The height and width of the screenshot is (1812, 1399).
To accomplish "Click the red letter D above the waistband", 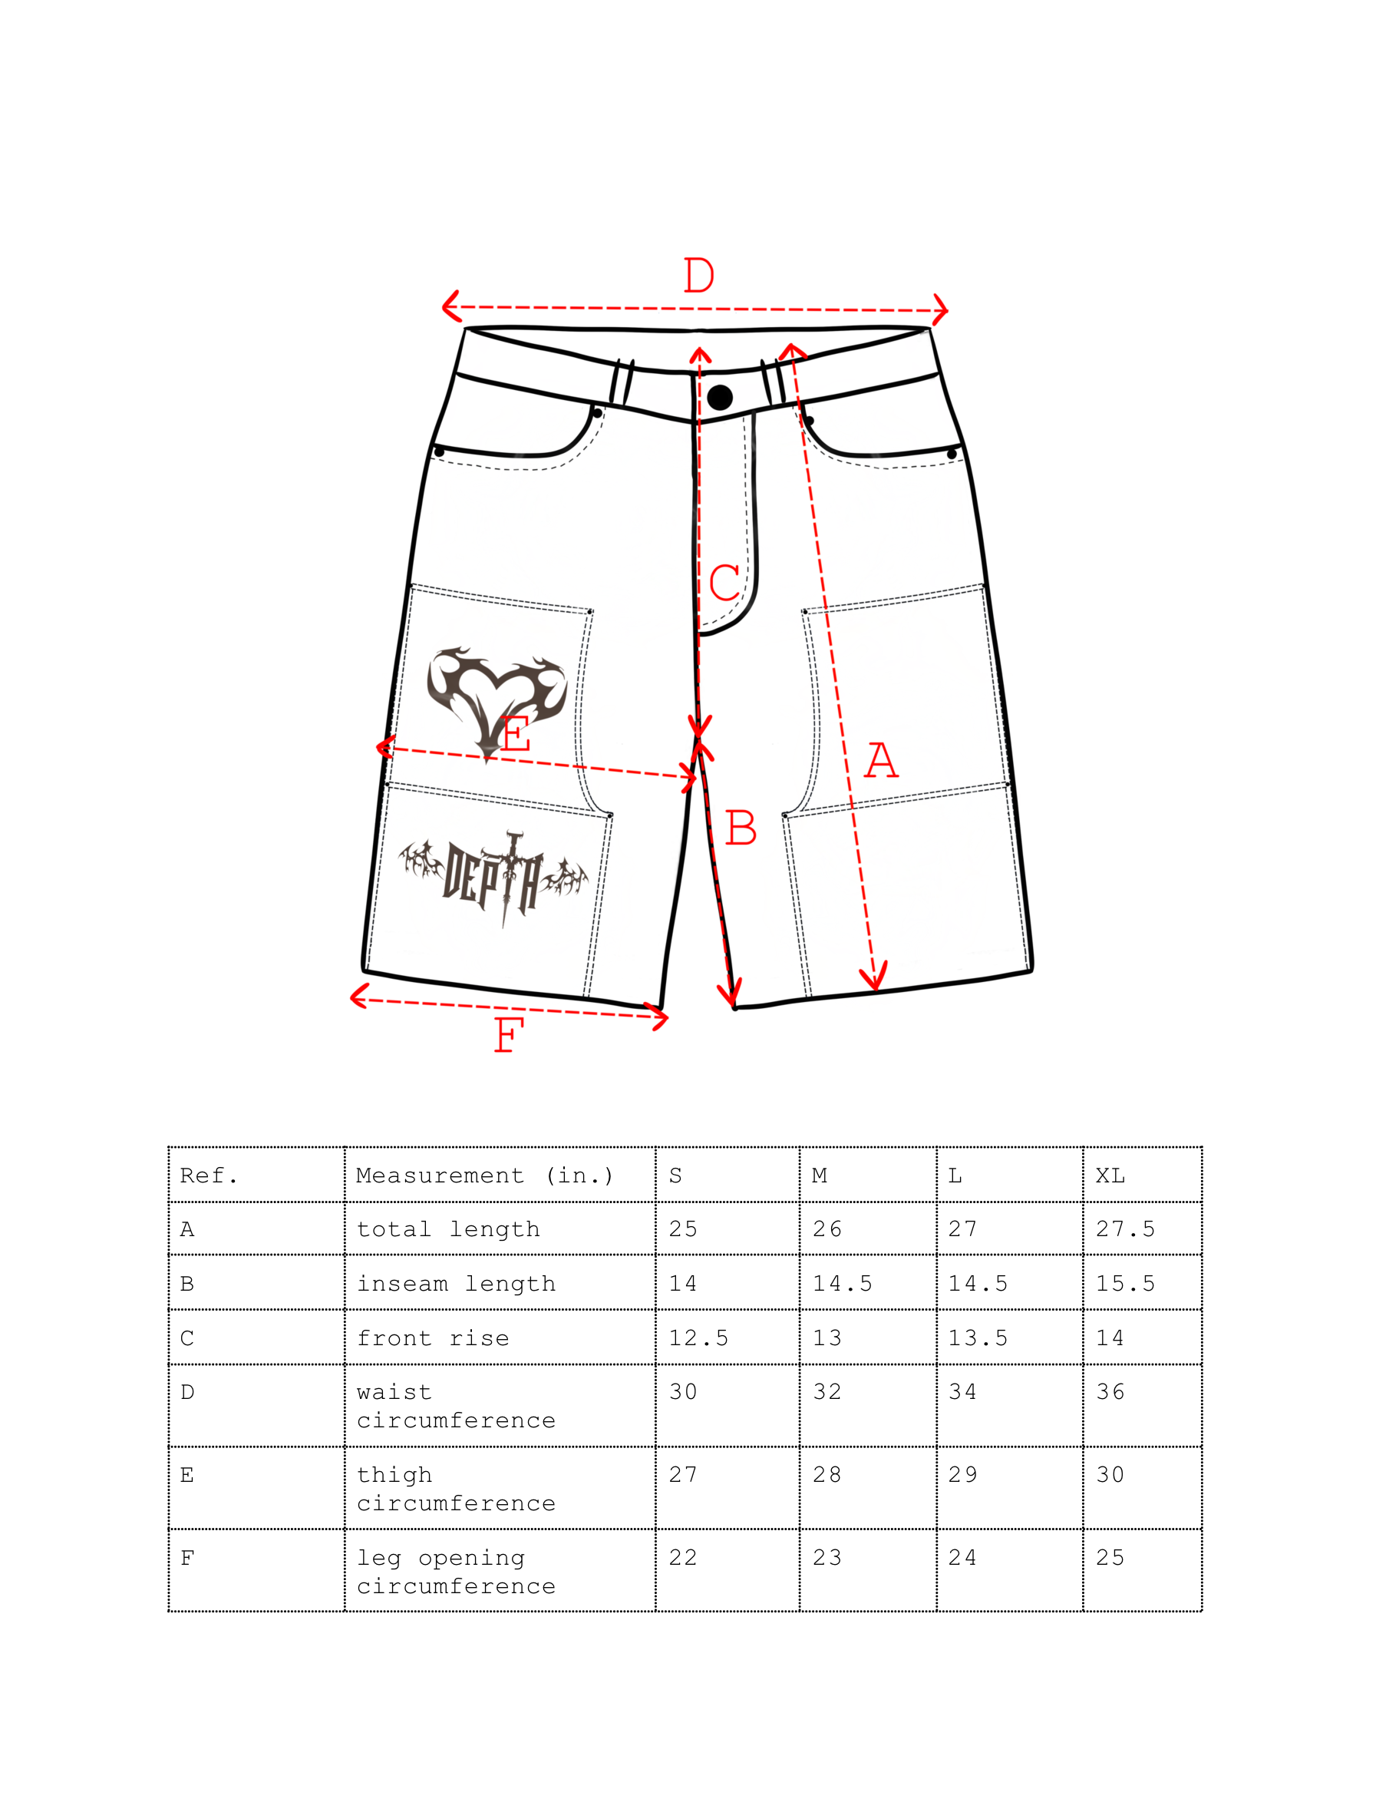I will click(698, 276).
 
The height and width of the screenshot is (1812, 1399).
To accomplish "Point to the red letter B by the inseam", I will click(741, 828).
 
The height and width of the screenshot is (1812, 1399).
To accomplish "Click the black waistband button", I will click(720, 398).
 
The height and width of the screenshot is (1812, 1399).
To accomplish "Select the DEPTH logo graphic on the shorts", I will click(495, 877).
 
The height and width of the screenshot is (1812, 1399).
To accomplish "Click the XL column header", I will click(1110, 1175).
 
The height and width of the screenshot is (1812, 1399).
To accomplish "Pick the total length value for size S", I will click(683, 1228).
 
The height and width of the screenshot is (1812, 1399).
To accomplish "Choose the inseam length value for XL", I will click(1124, 1284).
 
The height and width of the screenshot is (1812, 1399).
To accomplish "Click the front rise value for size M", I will click(827, 1338).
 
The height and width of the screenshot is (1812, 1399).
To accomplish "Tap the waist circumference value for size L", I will click(962, 1391).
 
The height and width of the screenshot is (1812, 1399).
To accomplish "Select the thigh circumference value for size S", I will click(683, 1474).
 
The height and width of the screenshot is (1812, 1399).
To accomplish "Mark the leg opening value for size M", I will click(827, 1557).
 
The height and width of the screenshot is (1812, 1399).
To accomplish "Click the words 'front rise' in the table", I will click(433, 1338).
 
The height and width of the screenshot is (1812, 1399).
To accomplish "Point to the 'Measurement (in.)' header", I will click(484, 1175).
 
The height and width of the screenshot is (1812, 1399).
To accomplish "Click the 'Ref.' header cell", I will click(209, 1175).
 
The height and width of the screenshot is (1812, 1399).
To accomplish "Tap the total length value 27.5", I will click(1124, 1228).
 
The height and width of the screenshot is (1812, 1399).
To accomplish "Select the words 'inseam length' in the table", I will click(456, 1284).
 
